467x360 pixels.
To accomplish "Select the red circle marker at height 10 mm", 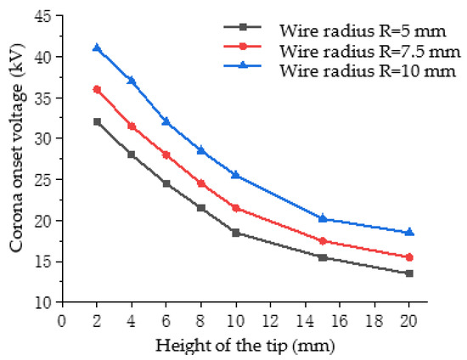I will click(235, 208).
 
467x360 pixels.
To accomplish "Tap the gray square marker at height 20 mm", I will click(408, 273).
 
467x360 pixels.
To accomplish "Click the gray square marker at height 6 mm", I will click(166, 183).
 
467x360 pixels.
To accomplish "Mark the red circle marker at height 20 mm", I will click(408, 257).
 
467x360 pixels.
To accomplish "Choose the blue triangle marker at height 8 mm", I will click(201, 150).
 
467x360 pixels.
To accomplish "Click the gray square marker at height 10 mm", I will click(235, 233).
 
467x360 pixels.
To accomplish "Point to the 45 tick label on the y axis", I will click(43, 16).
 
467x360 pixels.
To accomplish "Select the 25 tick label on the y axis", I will click(43, 180).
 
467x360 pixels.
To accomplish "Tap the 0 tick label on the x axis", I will click(62, 320).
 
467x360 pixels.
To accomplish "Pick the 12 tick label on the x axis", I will click(270, 320).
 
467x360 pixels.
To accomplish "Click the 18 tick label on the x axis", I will click(374, 320).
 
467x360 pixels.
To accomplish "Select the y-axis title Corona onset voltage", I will click(16, 159).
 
